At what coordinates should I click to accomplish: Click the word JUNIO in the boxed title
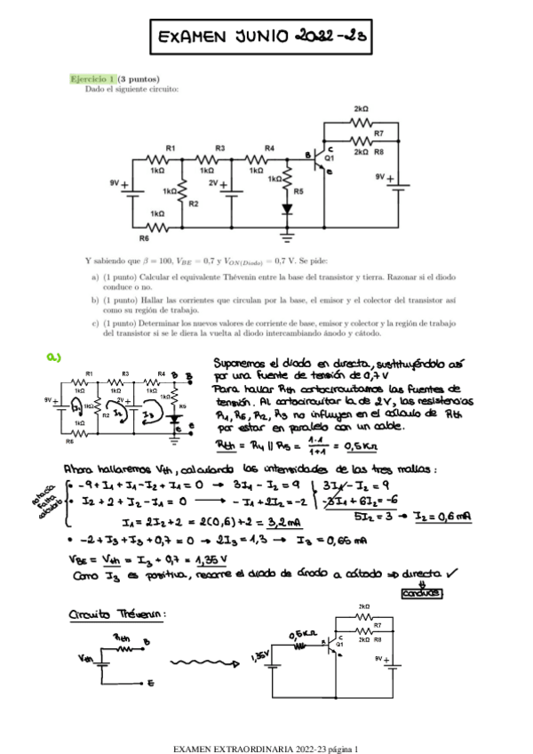point(262,38)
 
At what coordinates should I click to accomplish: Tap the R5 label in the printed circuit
point(298,190)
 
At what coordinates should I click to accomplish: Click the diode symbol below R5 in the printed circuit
point(287,210)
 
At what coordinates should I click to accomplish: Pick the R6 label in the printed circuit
point(144,237)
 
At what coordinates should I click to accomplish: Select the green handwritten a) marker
point(54,357)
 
